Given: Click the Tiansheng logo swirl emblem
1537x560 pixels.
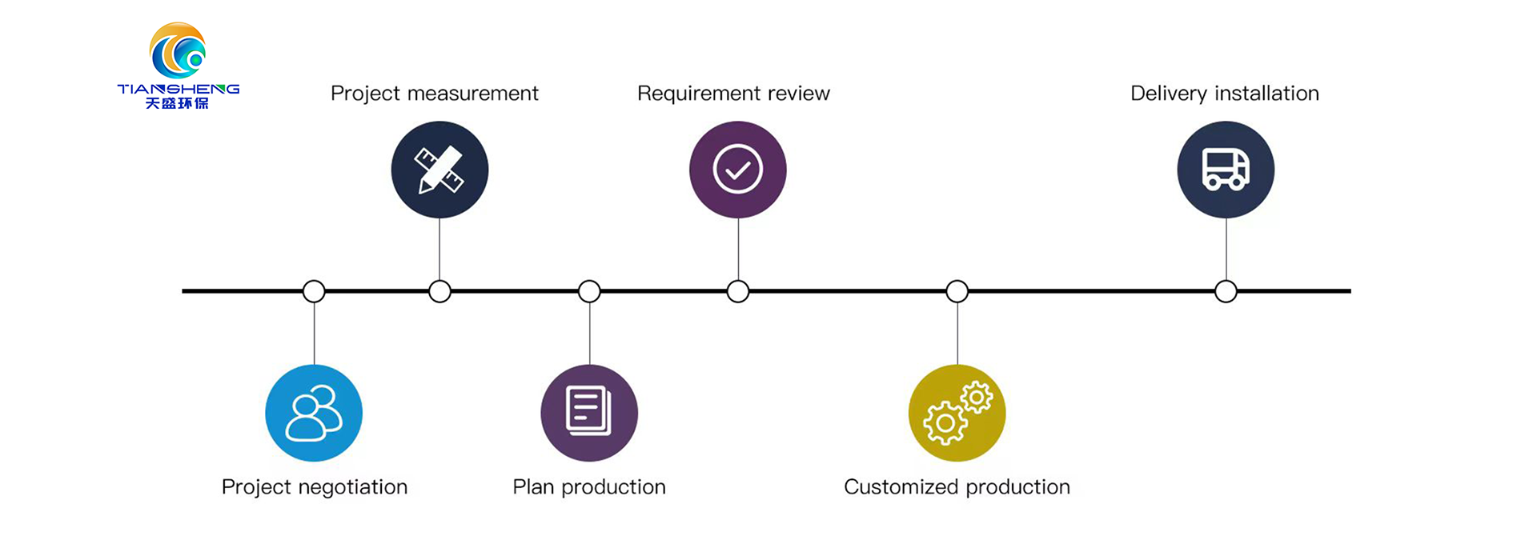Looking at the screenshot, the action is pyautogui.click(x=178, y=50).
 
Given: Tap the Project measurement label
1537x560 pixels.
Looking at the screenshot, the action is pyautogui.click(x=435, y=94).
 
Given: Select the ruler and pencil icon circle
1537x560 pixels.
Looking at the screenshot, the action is pyautogui.click(x=439, y=170).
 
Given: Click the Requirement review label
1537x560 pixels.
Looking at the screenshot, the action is pyautogui.click(x=733, y=94).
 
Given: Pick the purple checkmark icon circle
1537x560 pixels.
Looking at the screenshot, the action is pyautogui.click(x=738, y=170).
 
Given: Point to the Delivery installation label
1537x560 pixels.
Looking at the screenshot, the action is pyautogui.click(x=1225, y=94).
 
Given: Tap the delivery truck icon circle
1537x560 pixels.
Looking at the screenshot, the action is pyautogui.click(x=1226, y=170).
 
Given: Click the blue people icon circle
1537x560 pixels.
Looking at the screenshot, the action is pyautogui.click(x=314, y=413).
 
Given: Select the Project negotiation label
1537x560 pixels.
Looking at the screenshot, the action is pyautogui.click(x=315, y=487).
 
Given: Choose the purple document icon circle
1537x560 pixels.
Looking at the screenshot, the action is pyautogui.click(x=589, y=413).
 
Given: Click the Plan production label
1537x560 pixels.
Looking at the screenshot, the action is pyautogui.click(x=589, y=487).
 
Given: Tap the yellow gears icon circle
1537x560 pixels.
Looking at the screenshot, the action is pyautogui.click(x=957, y=413).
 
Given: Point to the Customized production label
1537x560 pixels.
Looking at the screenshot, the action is pyautogui.click(x=957, y=487).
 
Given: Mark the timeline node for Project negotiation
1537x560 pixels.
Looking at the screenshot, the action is pyautogui.click(x=314, y=291).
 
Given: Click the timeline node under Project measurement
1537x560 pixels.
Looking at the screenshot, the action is pyautogui.click(x=439, y=291).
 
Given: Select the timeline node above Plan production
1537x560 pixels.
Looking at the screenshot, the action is pyautogui.click(x=589, y=291).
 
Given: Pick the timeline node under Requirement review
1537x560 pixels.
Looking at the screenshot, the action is pyautogui.click(x=738, y=291).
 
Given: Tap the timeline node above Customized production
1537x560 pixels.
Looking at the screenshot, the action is pyautogui.click(x=957, y=291).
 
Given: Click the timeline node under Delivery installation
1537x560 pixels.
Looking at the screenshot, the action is pyautogui.click(x=1226, y=291).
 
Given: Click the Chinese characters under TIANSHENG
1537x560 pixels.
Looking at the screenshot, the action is pyautogui.click(x=177, y=103).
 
